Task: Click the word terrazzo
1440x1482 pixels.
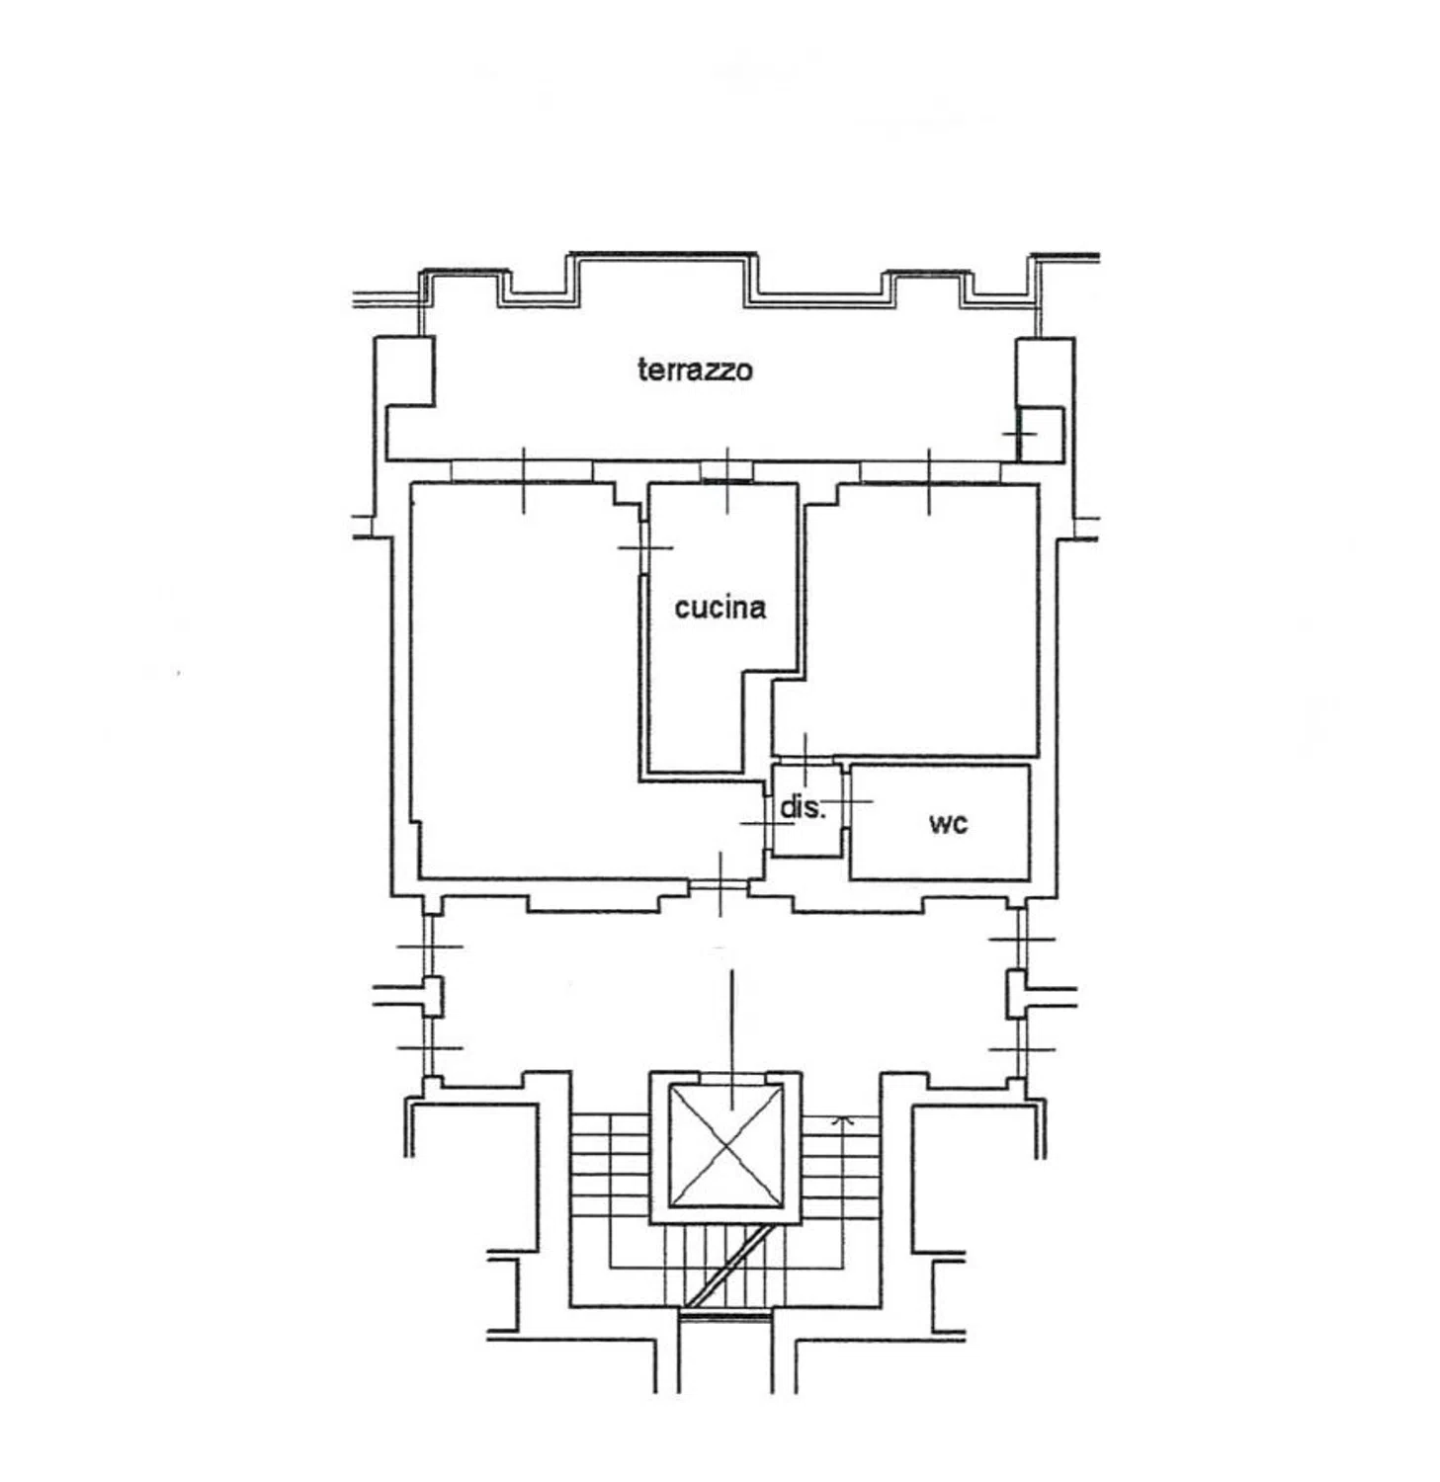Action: (694, 370)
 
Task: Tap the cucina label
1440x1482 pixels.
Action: (720, 607)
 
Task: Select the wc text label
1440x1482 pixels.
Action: (948, 822)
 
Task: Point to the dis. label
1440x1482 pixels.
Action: (802, 807)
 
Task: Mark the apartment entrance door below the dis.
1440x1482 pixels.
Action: (720, 885)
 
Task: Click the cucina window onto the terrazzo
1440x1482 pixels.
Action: (727, 471)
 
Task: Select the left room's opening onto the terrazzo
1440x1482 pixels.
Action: (522, 471)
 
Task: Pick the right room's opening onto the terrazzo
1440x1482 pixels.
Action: (929, 471)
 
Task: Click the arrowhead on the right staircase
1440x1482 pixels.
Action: (842, 1120)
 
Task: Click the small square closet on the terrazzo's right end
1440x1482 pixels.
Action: (1040, 433)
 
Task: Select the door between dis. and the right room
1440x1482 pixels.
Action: (805, 760)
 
